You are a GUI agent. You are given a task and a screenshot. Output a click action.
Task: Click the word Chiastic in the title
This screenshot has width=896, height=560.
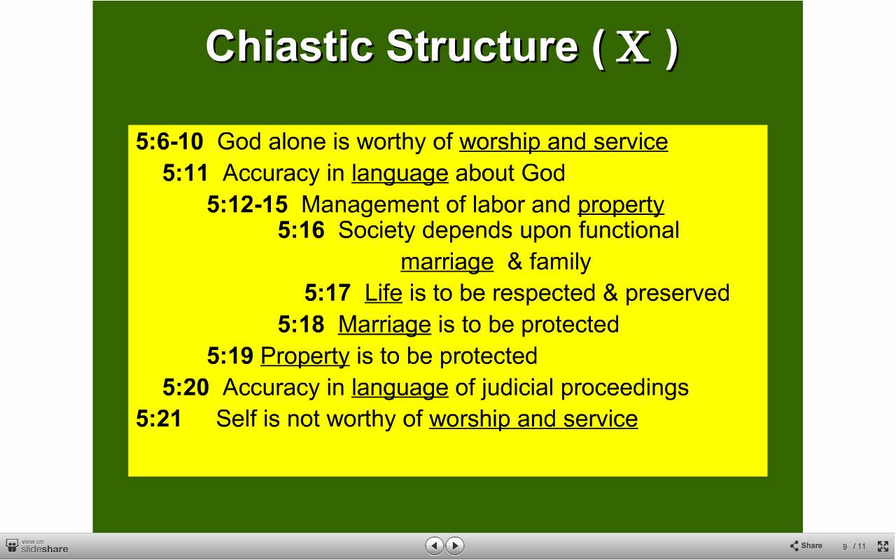tap(289, 46)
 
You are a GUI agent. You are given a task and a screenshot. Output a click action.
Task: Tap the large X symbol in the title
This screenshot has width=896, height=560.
tap(633, 47)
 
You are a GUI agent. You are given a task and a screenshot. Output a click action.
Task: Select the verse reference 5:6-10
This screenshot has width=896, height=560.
tap(169, 141)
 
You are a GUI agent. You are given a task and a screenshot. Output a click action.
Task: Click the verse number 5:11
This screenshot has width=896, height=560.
tap(185, 173)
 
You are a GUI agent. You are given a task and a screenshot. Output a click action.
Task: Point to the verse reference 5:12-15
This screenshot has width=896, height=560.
tap(247, 204)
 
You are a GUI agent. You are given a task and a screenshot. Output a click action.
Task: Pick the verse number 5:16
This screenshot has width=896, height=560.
tap(301, 230)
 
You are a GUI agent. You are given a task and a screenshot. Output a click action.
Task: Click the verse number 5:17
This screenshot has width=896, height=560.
tap(328, 293)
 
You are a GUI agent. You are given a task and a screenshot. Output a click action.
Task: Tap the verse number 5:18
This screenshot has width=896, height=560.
tap(301, 324)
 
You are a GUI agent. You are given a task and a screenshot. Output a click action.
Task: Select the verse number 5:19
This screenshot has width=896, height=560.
tap(230, 356)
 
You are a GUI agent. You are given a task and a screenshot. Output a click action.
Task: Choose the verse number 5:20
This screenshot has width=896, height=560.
tap(185, 387)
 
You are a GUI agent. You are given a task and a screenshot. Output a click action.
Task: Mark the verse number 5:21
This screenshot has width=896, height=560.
tap(159, 419)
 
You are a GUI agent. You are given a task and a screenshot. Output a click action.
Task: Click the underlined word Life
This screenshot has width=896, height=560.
tap(383, 293)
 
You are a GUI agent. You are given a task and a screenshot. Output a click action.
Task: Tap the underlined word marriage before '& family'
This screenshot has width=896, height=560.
tap(447, 262)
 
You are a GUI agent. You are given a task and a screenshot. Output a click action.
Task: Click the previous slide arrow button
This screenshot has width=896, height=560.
tap(435, 545)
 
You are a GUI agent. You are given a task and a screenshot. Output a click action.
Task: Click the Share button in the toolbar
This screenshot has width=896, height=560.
tap(806, 545)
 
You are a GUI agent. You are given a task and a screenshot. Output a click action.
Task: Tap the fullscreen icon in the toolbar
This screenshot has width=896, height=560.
tap(883, 546)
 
